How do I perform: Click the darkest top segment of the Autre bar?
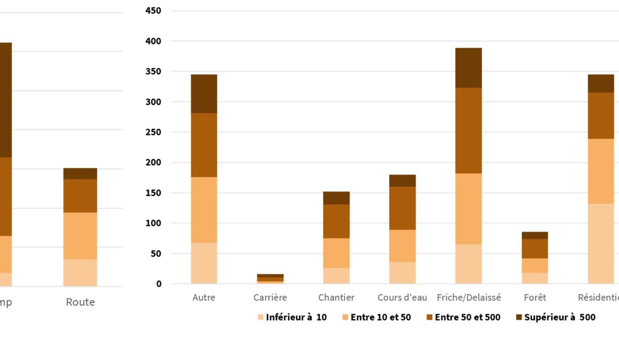[204, 94]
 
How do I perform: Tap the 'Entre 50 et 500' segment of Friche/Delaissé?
[468, 130]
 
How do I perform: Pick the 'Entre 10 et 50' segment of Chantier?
[336, 253]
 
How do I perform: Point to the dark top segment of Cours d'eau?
[402, 180]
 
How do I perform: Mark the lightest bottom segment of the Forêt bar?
[535, 278]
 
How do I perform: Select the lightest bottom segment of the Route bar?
[80, 273]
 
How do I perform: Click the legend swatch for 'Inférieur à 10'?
[260, 317]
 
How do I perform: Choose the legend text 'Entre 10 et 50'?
[381, 317]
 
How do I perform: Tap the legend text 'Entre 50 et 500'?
[467, 317]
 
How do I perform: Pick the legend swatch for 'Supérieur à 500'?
[519, 317]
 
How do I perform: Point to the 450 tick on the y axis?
[153, 10]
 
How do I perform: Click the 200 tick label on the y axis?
[153, 162]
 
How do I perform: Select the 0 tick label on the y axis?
[159, 284]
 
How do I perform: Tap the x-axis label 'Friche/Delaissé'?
[469, 298]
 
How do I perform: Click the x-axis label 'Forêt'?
[535, 298]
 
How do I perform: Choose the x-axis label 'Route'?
[80, 302]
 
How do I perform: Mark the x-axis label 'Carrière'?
[270, 298]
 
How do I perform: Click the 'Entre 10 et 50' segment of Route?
[80, 236]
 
